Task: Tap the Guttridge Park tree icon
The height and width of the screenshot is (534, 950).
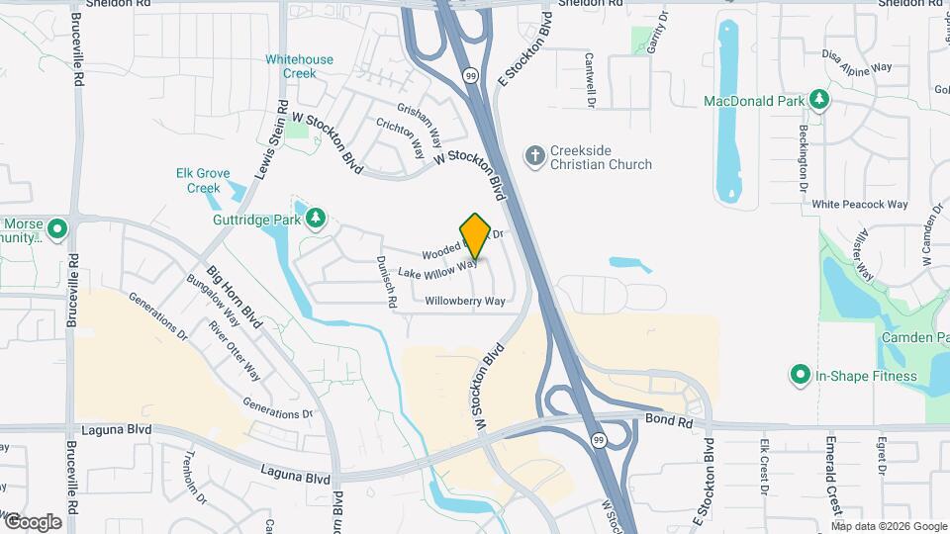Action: tap(315, 218)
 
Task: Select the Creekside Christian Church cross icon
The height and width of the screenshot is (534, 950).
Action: tap(534, 156)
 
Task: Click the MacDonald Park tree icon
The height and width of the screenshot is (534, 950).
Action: tap(818, 100)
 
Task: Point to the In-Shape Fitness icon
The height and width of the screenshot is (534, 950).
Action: tap(800, 375)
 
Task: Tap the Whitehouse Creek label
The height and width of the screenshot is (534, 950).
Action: tap(299, 66)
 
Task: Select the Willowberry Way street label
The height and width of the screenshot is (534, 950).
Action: tap(465, 301)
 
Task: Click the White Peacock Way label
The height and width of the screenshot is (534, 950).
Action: tap(859, 205)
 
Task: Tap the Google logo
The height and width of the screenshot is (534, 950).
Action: tap(32, 521)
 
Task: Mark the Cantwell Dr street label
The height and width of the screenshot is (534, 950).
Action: tap(590, 80)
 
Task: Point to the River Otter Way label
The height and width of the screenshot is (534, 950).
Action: tap(234, 349)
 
